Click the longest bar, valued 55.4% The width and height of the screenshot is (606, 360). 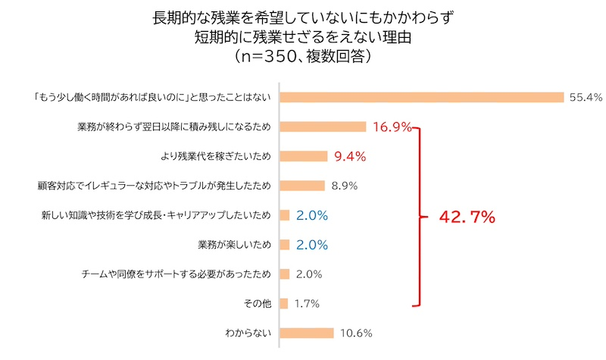point(422,97)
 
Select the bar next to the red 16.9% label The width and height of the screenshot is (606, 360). point(323,127)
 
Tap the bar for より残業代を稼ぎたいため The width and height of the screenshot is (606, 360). point(303,156)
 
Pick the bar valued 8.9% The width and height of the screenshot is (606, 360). point(302,186)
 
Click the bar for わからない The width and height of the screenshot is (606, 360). point(307,333)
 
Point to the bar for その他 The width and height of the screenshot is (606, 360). point(284,303)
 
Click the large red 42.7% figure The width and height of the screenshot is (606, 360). point(467,218)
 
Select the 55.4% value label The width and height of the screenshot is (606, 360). point(586,97)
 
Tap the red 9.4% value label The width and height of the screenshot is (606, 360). point(350,157)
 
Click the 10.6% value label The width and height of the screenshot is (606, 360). point(355,333)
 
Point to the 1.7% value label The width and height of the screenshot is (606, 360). point(307,303)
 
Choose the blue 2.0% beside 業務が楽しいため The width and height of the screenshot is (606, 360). point(312,245)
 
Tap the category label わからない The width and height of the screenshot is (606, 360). point(248,333)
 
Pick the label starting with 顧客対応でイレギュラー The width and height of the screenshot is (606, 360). point(154,186)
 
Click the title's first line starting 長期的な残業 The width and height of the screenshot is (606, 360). point(303,15)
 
